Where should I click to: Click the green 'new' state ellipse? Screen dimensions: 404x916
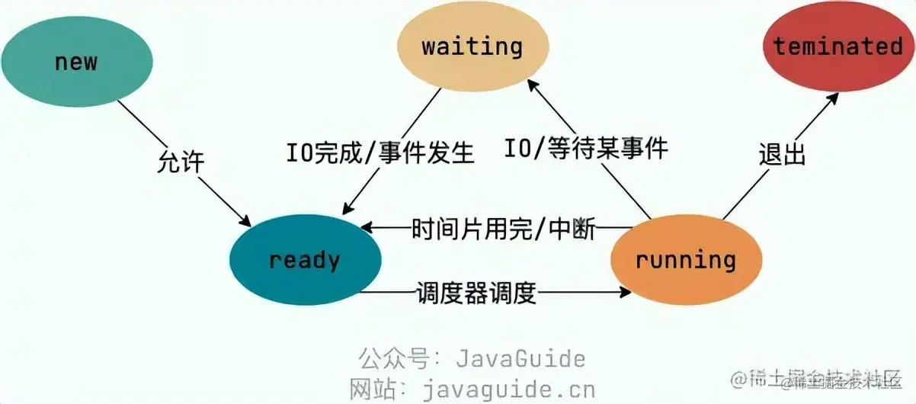click(x=76, y=61)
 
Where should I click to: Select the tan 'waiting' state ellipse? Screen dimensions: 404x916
click(x=472, y=47)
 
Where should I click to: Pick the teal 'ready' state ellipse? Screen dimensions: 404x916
click(x=305, y=260)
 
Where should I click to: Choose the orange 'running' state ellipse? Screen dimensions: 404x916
click(x=686, y=260)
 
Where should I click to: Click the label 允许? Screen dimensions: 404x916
click(x=181, y=162)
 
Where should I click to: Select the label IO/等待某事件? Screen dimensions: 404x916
click(x=586, y=147)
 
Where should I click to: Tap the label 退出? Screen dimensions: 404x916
click(x=782, y=155)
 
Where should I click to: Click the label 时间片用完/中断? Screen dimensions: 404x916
click(x=504, y=228)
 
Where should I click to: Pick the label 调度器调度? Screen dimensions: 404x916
click(x=476, y=292)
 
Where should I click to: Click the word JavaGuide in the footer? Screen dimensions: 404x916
click(x=520, y=358)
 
